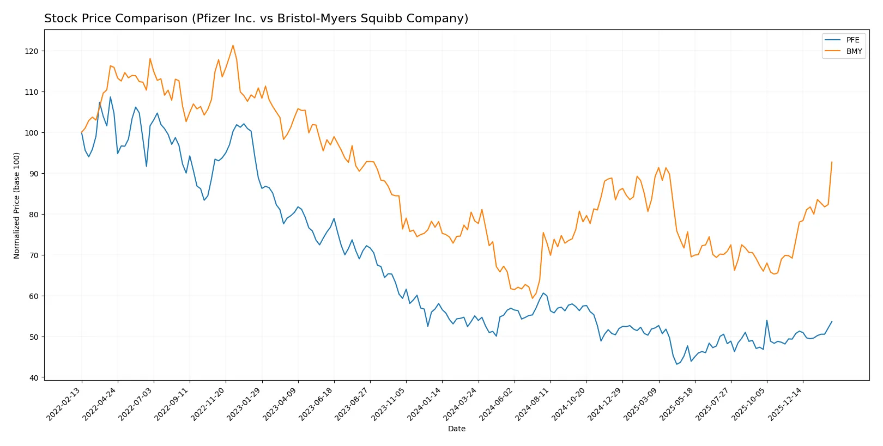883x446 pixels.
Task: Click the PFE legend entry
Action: click(x=852, y=40)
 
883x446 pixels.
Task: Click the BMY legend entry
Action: click(x=854, y=51)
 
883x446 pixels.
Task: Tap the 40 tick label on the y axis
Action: click(x=34, y=378)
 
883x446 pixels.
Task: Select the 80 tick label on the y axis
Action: click(x=34, y=215)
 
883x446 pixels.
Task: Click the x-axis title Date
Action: click(x=456, y=429)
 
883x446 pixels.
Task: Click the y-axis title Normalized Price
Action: click(x=17, y=205)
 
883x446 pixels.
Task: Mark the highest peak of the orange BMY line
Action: click(x=233, y=45)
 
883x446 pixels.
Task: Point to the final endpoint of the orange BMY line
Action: click(x=832, y=162)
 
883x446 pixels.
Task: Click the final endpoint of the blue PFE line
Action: click(x=832, y=321)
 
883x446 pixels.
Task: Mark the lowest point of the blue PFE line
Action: click(x=677, y=364)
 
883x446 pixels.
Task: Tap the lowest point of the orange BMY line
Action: click(x=533, y=298)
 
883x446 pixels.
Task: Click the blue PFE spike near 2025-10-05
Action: click(x=767, y=320)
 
